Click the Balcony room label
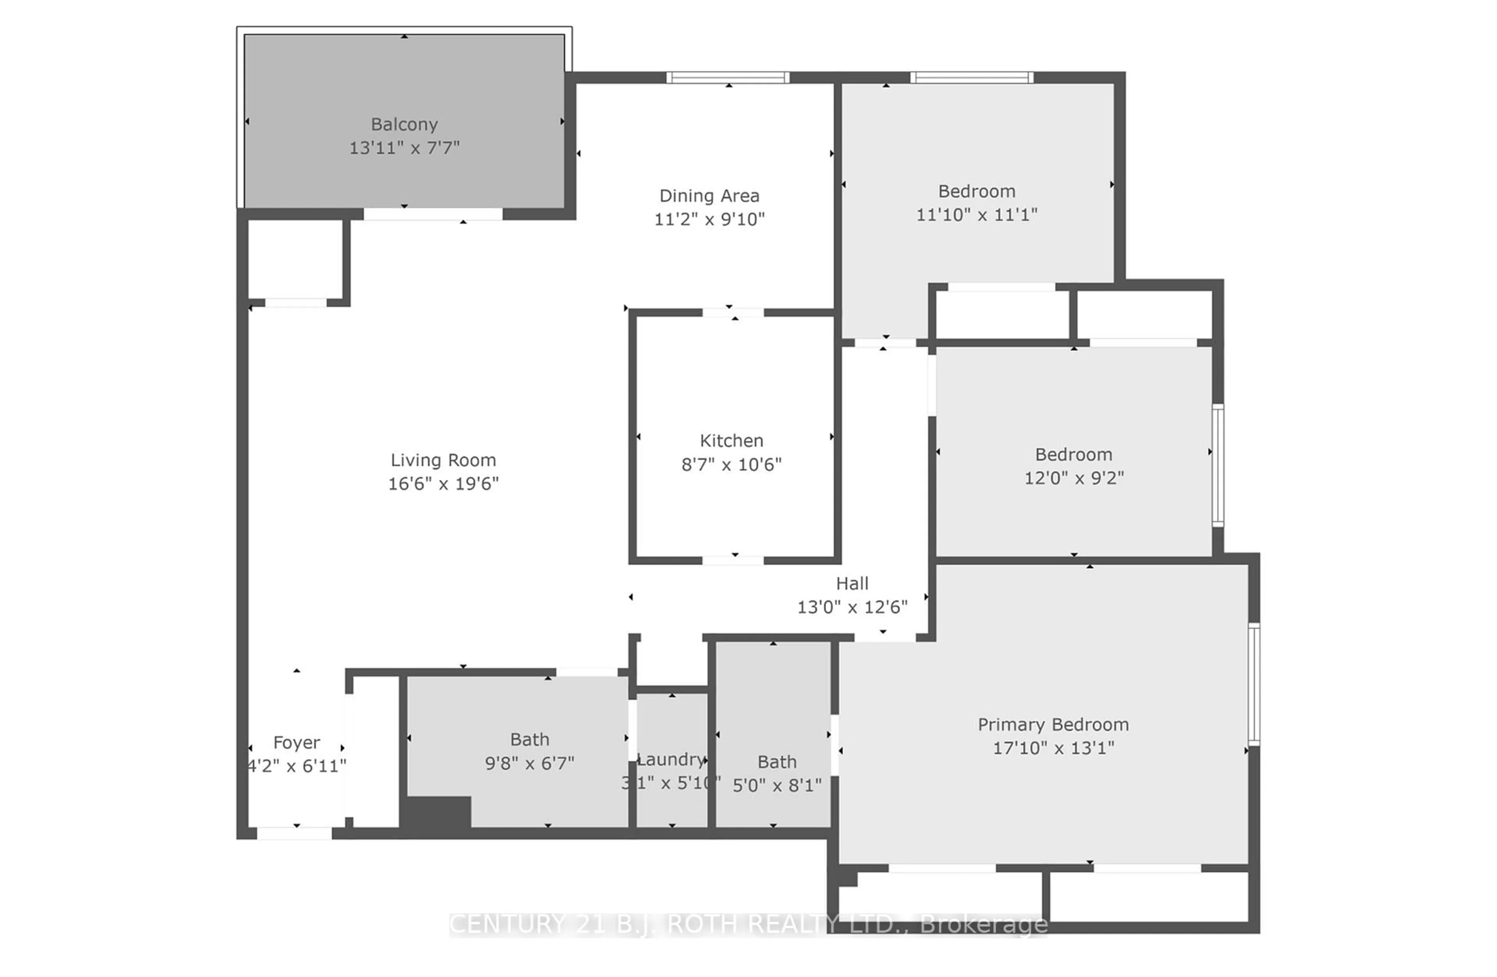[x=404, y=125]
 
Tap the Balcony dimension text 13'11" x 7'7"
[x=404, y=148]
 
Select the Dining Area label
[x=709, y=196]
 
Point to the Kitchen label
[x=731, y=441]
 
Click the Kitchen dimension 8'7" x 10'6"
[x=731, y=465]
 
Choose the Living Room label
[x=443, y=460]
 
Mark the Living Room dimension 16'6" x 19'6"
[x=443, y=483]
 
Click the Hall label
[x=852, y=584]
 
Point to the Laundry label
[x=671, y=760]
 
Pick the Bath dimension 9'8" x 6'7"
[x=529, y=763]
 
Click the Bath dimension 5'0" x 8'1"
[x=777, y=785]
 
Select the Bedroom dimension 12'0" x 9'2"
[x=1074, y=478]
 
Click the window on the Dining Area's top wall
[x=728, y=78]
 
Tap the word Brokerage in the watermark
[x=983, y=924]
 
